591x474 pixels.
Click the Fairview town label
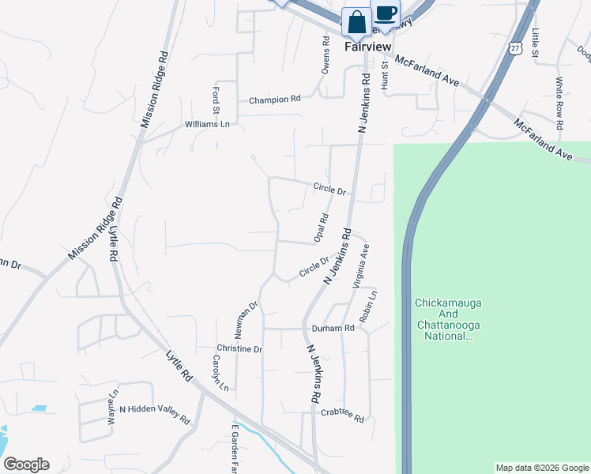click(x=368, y=47)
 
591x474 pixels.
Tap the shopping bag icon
click(x=356, y=21)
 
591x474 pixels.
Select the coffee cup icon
click(x=386, y=13)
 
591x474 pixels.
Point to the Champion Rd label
click(x=275, y=100)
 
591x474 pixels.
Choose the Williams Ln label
click(x=207, y=124)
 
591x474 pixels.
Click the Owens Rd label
click(x=325, y=55)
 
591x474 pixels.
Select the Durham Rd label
click(x=333, y=328)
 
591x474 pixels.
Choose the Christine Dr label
click(x=239, y=348)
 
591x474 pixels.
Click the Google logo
click(x=26, y=465)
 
